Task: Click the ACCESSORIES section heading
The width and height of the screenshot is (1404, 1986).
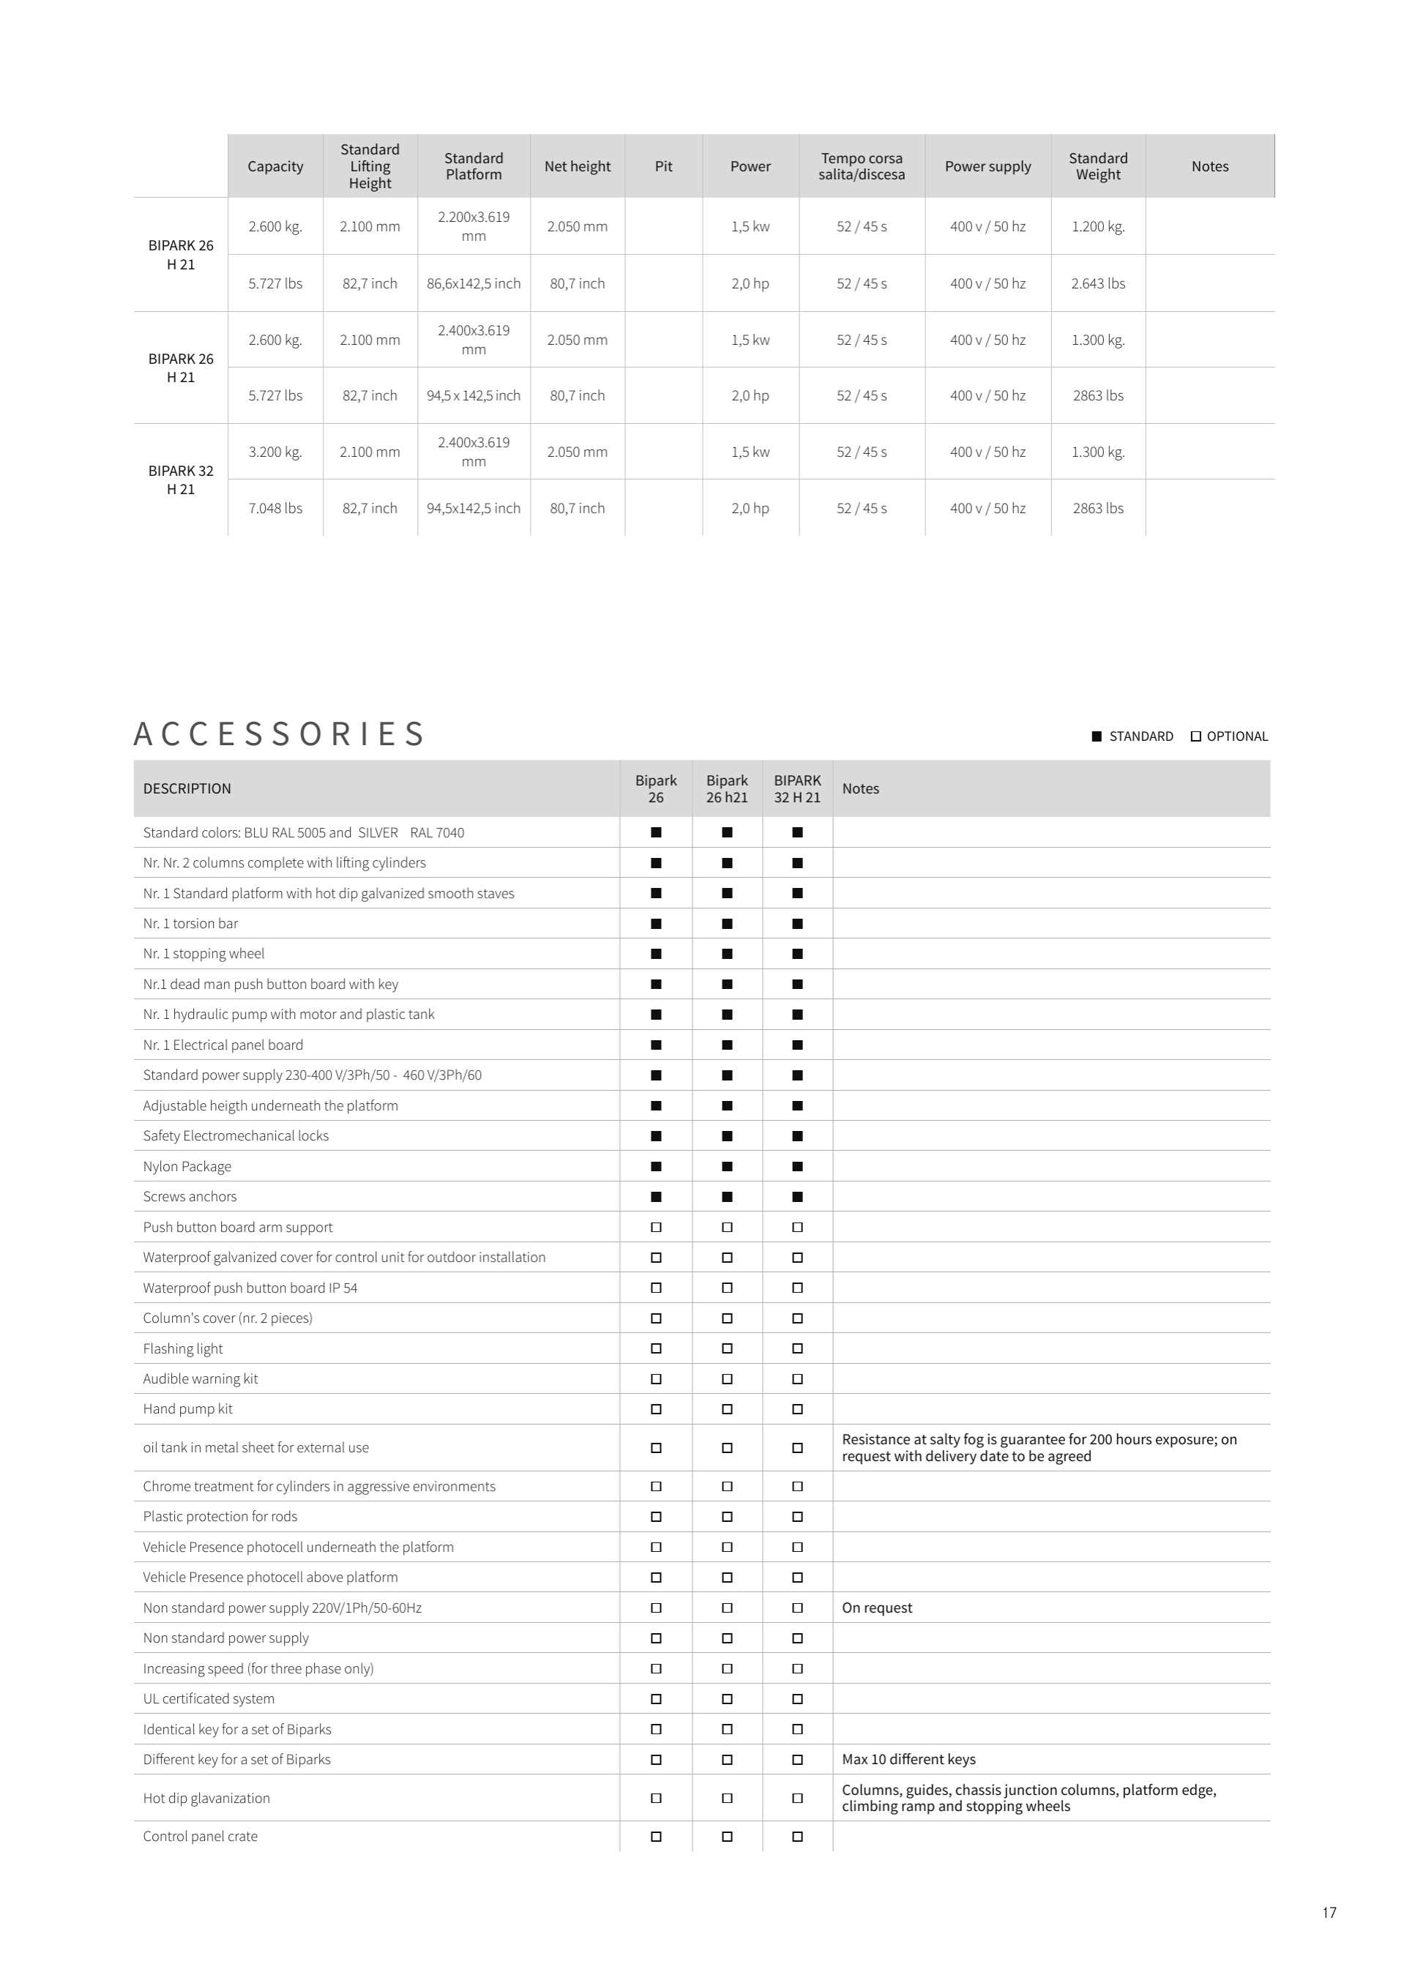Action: (280, 734)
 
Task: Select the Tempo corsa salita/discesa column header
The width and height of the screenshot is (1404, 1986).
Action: (861, 166)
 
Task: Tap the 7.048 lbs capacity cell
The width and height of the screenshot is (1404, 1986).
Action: (275, 509)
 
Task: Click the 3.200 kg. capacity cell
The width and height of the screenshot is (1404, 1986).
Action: (275, 452)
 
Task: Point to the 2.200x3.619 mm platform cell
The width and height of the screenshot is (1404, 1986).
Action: (473, 227)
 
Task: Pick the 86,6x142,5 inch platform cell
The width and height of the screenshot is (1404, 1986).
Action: (473, 284)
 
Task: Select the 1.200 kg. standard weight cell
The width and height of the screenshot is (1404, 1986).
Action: (1098, 227)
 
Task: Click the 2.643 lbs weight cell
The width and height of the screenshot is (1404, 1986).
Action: (1098, 284)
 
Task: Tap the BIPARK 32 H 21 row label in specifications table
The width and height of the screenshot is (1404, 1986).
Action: (181, 480)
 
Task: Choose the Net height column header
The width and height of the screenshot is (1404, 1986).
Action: (577, 166)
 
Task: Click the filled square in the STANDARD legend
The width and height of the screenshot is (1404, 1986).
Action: (1096, 736)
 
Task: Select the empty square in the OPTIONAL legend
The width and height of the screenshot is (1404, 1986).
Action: (1195, 736)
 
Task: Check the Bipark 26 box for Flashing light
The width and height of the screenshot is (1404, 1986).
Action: (656, 1348)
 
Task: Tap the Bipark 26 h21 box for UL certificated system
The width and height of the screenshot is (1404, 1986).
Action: (727, 1699)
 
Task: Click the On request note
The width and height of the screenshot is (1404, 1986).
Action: (876, 1608)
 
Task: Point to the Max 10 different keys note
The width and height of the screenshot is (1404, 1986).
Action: (908, 1759)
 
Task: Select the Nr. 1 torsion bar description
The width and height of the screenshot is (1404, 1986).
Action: (190, 924)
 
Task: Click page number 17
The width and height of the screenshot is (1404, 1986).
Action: (1329, 1913)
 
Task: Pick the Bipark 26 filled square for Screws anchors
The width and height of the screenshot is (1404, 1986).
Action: (656, 1197)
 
